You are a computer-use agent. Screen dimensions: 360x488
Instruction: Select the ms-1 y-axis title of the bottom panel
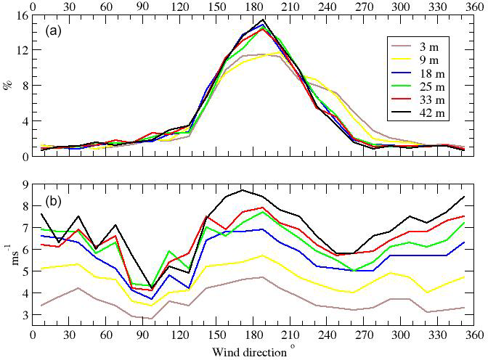coord(9,259)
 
